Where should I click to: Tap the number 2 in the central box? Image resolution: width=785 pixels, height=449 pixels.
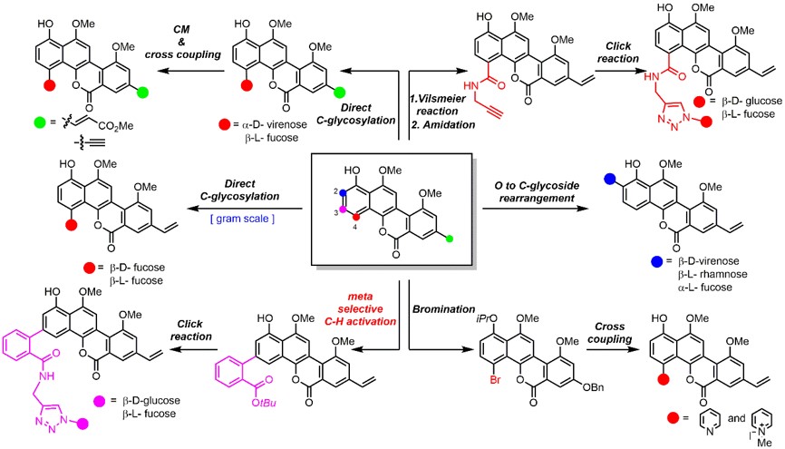pyautogui.click(x=334, y=190)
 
